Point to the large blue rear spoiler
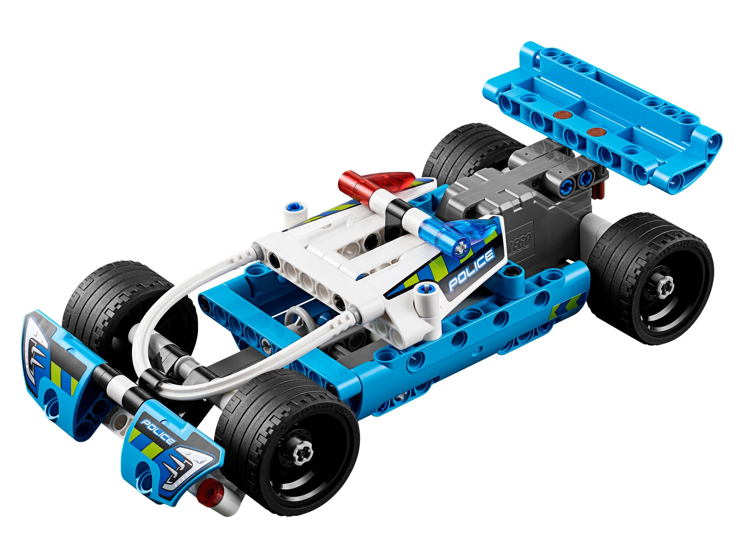(x=602, y=114)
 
